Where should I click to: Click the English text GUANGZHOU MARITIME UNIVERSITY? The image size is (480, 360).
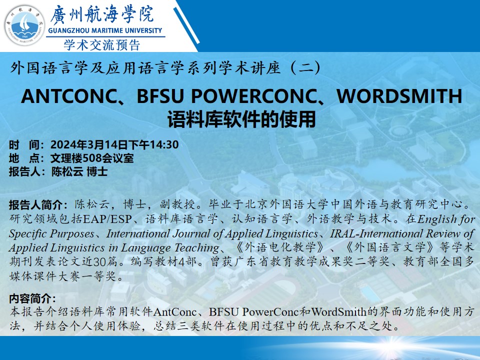tap(106, 30)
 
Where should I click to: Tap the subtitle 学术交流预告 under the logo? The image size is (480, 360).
tap(102, 45)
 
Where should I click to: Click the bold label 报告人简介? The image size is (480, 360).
tap(37, 205)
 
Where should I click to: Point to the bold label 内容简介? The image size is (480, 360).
tap(31, 299)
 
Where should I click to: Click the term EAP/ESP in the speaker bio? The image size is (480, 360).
tap(107, 219)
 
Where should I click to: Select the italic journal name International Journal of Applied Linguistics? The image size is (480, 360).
tap(212, 233)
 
